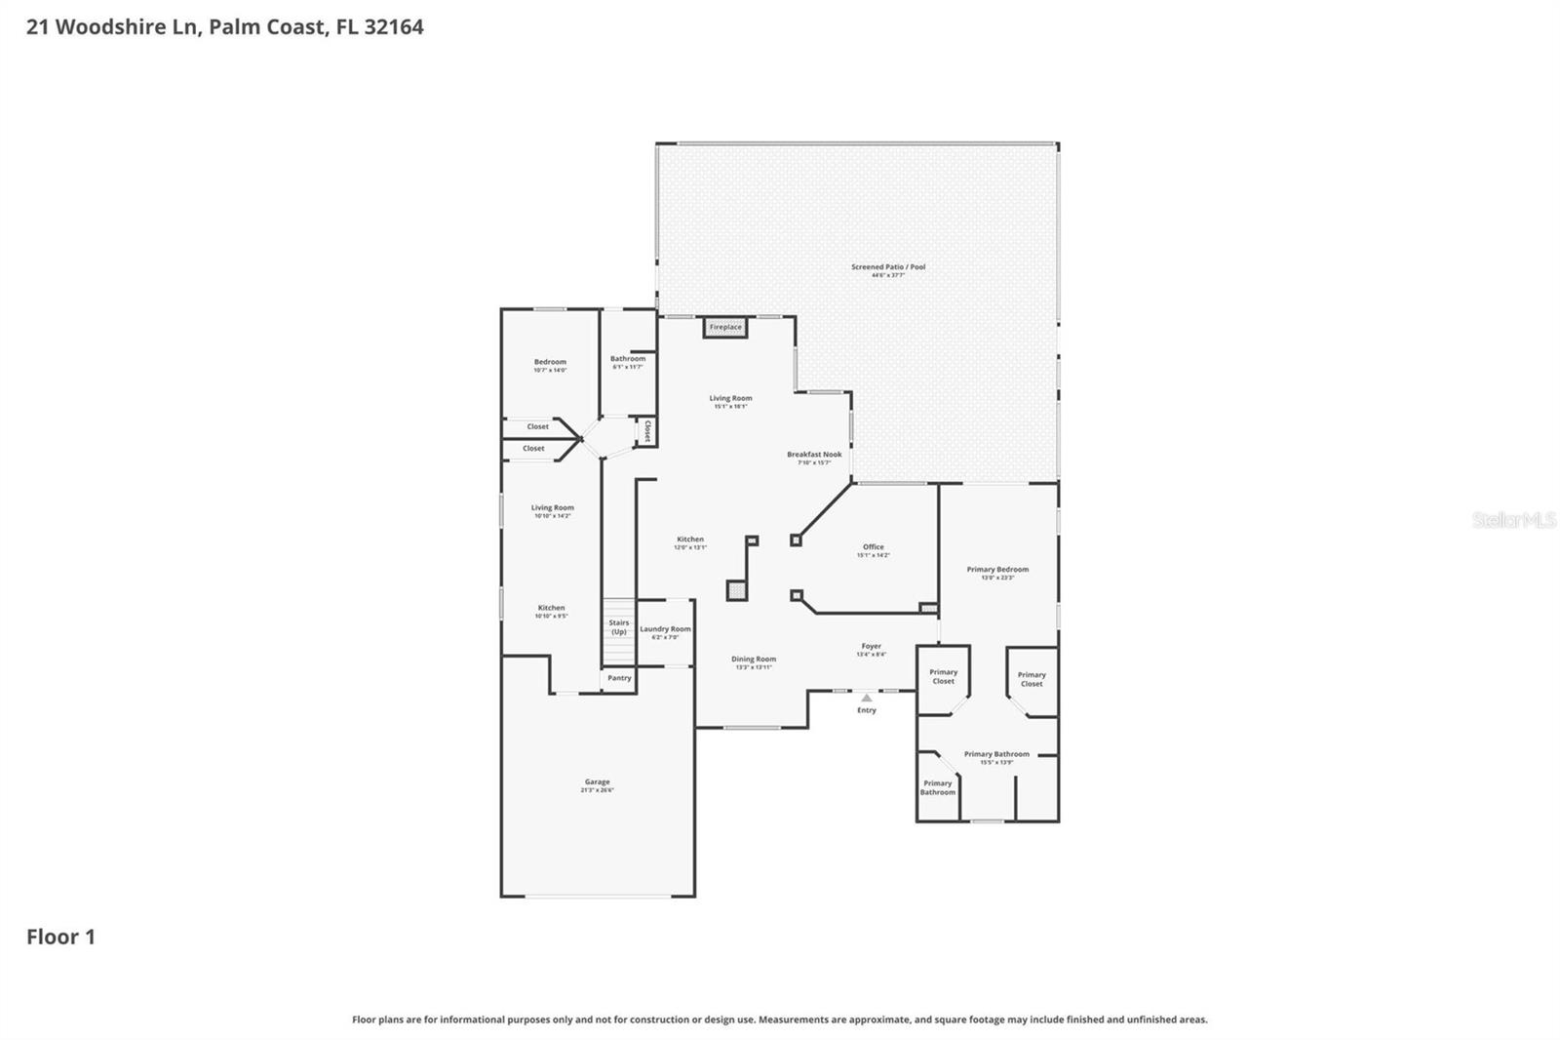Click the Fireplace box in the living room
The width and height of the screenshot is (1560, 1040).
coord(725,327)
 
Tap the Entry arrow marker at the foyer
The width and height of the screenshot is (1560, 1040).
coord(867,698)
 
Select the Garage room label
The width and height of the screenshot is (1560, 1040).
coord(597,782)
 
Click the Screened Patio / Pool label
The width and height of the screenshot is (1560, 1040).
coord(888,267)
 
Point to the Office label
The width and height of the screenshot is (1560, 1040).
coord(873,547)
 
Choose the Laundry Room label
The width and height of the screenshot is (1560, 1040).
coord(665,629)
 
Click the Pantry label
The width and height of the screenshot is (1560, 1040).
coord(619,678)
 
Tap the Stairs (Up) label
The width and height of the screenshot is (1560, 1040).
coord(619,627)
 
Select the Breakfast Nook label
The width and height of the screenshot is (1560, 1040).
coord(814,455)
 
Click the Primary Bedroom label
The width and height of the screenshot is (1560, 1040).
coord(997,570)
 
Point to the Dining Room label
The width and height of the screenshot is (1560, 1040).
coord(754,660)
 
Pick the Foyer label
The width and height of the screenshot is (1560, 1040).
coord(871,646)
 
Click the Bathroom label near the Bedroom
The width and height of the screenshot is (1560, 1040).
coord(628,359)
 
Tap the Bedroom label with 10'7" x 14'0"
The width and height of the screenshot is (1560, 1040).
coord(550,362)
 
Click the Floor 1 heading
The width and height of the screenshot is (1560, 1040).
coord(60,938)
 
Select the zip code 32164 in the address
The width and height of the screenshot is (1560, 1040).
coord(394,27)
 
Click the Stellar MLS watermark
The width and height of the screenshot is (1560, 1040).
coord(1513,520)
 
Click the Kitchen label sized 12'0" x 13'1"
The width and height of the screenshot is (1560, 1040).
coord(690,540)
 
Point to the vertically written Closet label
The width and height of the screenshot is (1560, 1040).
coord(646,431)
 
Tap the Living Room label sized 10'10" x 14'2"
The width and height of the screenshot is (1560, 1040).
coord(552,508)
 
